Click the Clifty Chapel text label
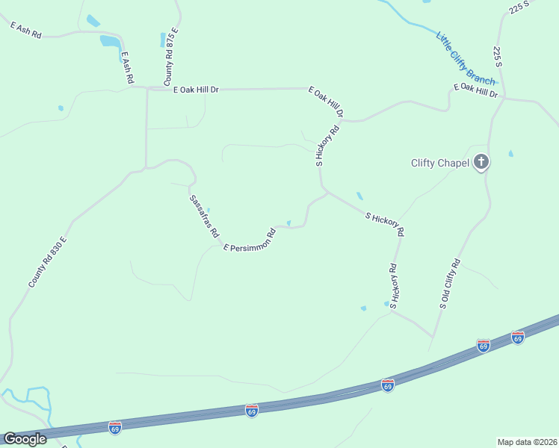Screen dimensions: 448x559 tap(440, 163)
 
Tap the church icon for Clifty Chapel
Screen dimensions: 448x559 tap(482, 161)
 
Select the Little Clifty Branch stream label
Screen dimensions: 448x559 tap(466, 57)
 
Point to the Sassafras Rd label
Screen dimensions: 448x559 tap(204, 217)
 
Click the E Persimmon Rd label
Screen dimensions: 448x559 tap(250, 240)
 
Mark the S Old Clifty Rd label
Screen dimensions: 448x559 tap(450, 284)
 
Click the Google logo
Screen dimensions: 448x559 tap(25, 438)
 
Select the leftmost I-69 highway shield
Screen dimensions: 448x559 tap(114, 426)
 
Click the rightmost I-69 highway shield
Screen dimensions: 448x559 tap(518, 337)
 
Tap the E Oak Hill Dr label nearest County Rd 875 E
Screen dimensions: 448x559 tap(195, 90)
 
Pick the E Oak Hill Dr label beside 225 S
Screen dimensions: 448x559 tap(475, 90)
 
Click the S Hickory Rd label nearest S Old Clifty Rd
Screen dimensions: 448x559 tap(393, 287)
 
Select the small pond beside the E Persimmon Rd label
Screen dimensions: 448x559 tap(289, 222)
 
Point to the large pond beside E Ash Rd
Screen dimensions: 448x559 tap(109, 41)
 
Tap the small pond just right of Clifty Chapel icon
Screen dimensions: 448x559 tap(510, 154)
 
